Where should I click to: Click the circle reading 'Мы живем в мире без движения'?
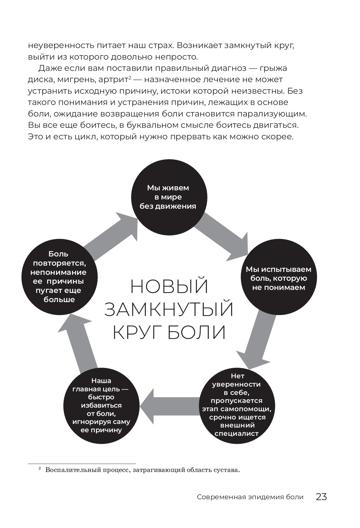[x=169, y=197]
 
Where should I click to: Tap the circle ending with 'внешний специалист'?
[x=237, y=406]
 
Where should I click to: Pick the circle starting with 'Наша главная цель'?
[x=101, y=406]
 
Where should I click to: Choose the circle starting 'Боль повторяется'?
[x=59, y=277]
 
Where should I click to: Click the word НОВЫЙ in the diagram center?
[x=169, y=286]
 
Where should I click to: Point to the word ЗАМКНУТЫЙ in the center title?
[x=169, y=309]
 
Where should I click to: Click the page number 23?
[x=321, y=497]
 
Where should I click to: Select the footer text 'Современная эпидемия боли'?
[x=250, y=497]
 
